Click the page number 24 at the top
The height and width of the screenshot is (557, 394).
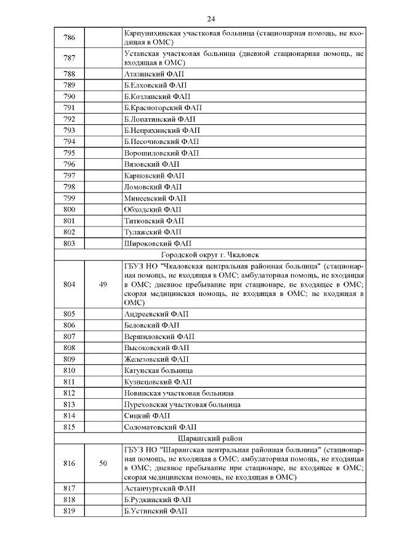click(x=211, y=18)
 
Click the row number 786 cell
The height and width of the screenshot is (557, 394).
click(x=69, y=38)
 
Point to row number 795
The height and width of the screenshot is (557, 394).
click(x=69, y=153)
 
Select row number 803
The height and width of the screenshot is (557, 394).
click(x=69, y=244)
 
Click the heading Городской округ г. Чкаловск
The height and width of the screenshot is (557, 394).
click(x=211, y=255)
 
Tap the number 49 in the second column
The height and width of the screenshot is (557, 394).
click(x=103, y=284)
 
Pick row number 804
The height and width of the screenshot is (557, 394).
click(x=69, y=284)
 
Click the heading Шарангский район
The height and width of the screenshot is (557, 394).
click(x=211, y=438)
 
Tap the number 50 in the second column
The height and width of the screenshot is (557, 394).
click(x=103, y=463)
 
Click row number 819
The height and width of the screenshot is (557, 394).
click(x=69, y=511)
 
